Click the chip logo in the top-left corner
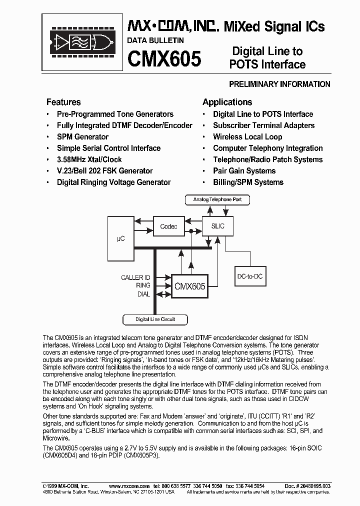[82, 42]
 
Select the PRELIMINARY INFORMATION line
[279, 84]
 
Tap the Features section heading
[63, 102]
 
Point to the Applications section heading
[227, 102]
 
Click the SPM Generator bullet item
[82, 136]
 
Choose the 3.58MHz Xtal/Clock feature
[89, 159]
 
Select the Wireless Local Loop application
[247, 136]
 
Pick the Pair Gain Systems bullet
[244, 171]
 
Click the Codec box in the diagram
[168, 226]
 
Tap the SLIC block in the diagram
[218, 226]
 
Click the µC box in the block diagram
[120, 239]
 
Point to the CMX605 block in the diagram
[189, 286]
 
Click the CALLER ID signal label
[135, 277]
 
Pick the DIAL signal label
[143, 294]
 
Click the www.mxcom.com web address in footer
[129, 486]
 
